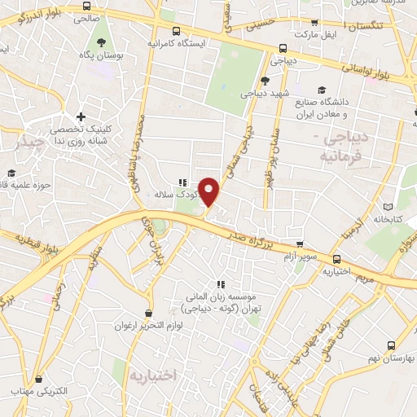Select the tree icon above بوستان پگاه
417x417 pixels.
(101, 41)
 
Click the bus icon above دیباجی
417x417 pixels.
(282, 48)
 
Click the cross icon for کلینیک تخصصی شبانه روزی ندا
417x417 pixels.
(80, 119)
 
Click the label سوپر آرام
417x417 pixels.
(292, 257)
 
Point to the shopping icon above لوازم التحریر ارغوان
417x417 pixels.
(148, 312)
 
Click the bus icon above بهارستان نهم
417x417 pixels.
(392, 345)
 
